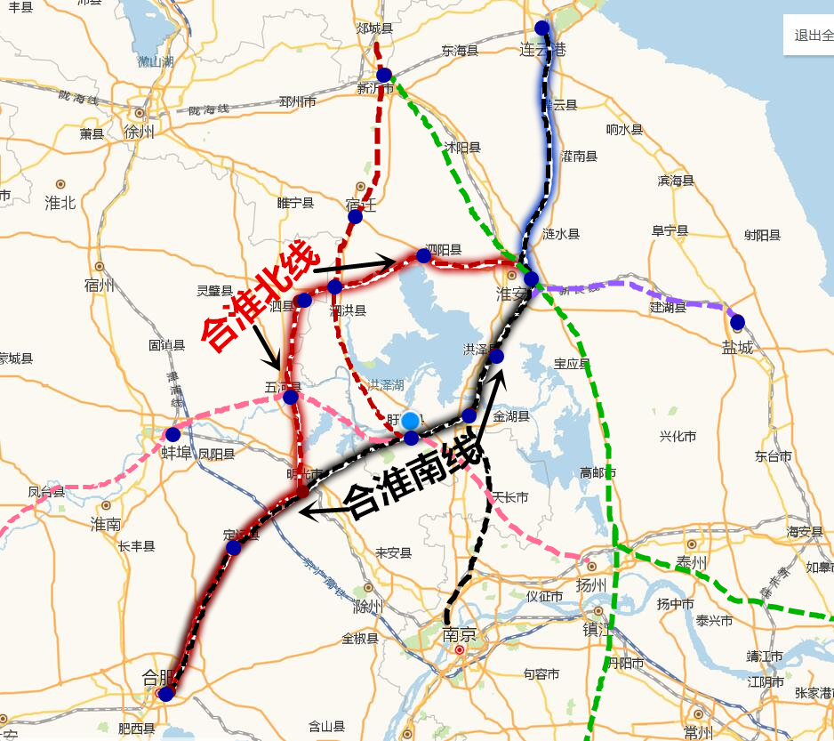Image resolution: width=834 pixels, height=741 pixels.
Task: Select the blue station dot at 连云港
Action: (541, 28)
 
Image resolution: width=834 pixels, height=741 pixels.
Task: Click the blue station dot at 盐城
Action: (737, 321)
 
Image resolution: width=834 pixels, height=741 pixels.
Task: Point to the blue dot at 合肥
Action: (165, 694)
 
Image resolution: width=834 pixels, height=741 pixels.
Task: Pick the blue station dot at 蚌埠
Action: (172, 435)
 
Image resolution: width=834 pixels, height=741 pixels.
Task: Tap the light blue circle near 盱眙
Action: (410, 420)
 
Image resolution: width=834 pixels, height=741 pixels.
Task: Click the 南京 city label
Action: (459, 635)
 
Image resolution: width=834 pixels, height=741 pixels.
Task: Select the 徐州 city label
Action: (140, 132)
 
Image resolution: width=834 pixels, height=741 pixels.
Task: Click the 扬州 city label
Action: (590, 585)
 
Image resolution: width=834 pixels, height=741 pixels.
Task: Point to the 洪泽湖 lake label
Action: (386, 385)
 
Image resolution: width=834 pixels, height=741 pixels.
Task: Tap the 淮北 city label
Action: (60, 203)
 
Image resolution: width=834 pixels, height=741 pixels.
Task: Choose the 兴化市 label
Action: (678, 437)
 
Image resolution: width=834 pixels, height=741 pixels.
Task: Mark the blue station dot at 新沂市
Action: (384, 75)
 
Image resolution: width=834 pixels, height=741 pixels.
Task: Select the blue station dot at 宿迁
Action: (355, 216)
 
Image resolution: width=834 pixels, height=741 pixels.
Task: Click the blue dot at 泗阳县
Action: (424, 255)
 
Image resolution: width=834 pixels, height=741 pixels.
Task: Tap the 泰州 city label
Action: (691, 562)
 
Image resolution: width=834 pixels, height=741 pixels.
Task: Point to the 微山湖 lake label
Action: (156, 61)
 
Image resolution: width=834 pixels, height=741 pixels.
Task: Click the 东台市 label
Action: (773, 456)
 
